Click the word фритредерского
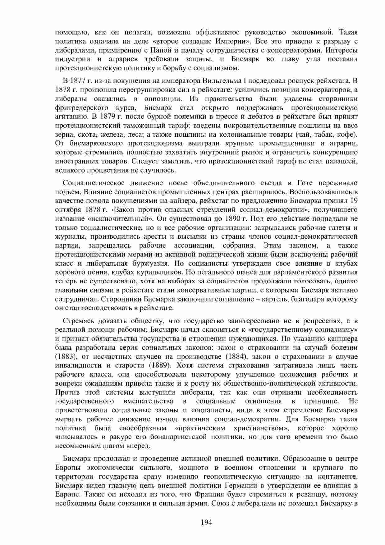[82, 108]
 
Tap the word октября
[66, 209]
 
